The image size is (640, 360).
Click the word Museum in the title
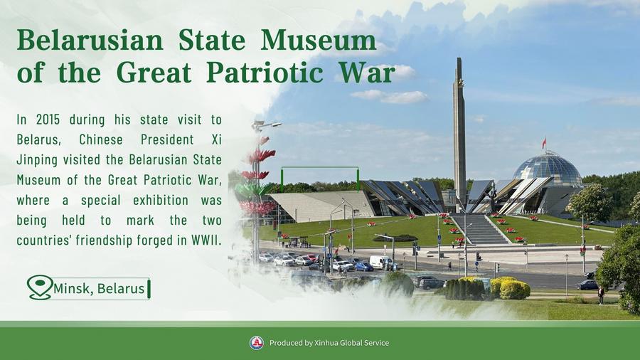point(319,41)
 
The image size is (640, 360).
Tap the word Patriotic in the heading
point(265,73)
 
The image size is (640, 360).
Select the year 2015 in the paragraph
point(48,120)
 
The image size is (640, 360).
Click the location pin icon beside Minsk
point(40,287)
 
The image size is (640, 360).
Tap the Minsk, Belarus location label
point(99,289)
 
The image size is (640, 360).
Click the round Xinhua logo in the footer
point(256,343)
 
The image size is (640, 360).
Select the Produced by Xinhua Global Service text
point(329,343)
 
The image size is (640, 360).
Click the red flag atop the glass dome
point(544,143)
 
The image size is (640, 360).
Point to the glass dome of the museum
point(548,169)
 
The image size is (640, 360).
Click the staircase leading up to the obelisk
point(479,229)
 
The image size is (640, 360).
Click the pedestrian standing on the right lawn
point(601,295)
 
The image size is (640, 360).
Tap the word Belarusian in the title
point(90,41)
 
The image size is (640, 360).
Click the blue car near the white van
point(363,267)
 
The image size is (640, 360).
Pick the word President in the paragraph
point(167,139)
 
